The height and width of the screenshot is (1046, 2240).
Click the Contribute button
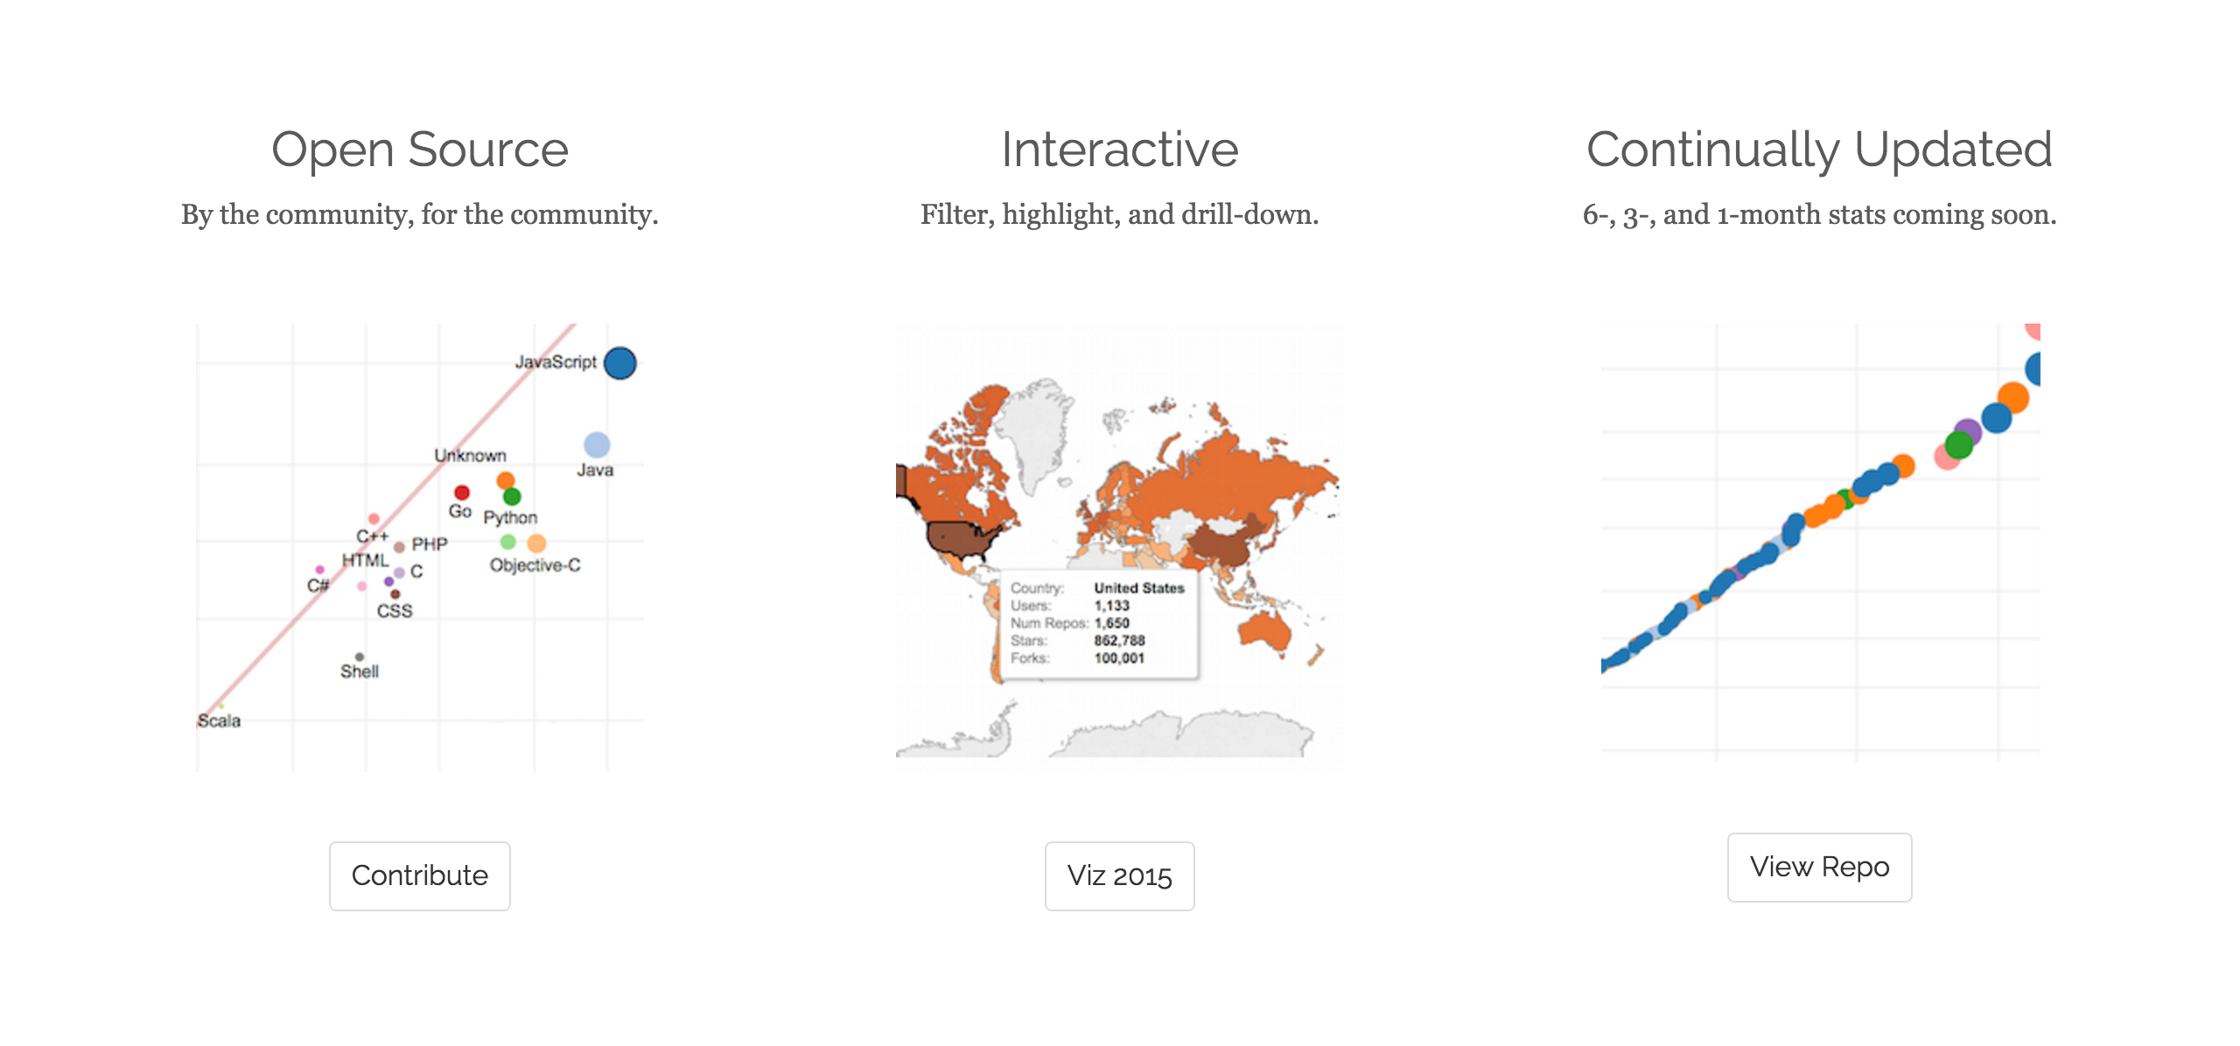point(420,875)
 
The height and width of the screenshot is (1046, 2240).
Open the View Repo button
point(1820,867)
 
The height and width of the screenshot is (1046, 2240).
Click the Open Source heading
point(420,150)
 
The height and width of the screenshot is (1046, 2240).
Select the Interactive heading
point(1120,150)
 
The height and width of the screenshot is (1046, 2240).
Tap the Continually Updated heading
point(1820,150)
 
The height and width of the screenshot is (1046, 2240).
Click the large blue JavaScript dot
point(620,363)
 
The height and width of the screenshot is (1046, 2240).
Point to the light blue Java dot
point(597,444)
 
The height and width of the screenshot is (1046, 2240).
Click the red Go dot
point(462,492)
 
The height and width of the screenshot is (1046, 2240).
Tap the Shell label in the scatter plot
point(360,672)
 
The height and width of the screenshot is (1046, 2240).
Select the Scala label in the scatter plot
point(219,721)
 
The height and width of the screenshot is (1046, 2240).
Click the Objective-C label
point(535,565)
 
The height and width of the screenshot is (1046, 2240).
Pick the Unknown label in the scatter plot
point(471,456)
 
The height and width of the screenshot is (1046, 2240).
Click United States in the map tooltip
point(1139,588)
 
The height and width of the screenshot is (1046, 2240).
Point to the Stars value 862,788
point(1119,640)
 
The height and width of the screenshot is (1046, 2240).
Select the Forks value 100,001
point(1119,658)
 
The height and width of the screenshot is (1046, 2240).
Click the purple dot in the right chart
point(1968,432)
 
